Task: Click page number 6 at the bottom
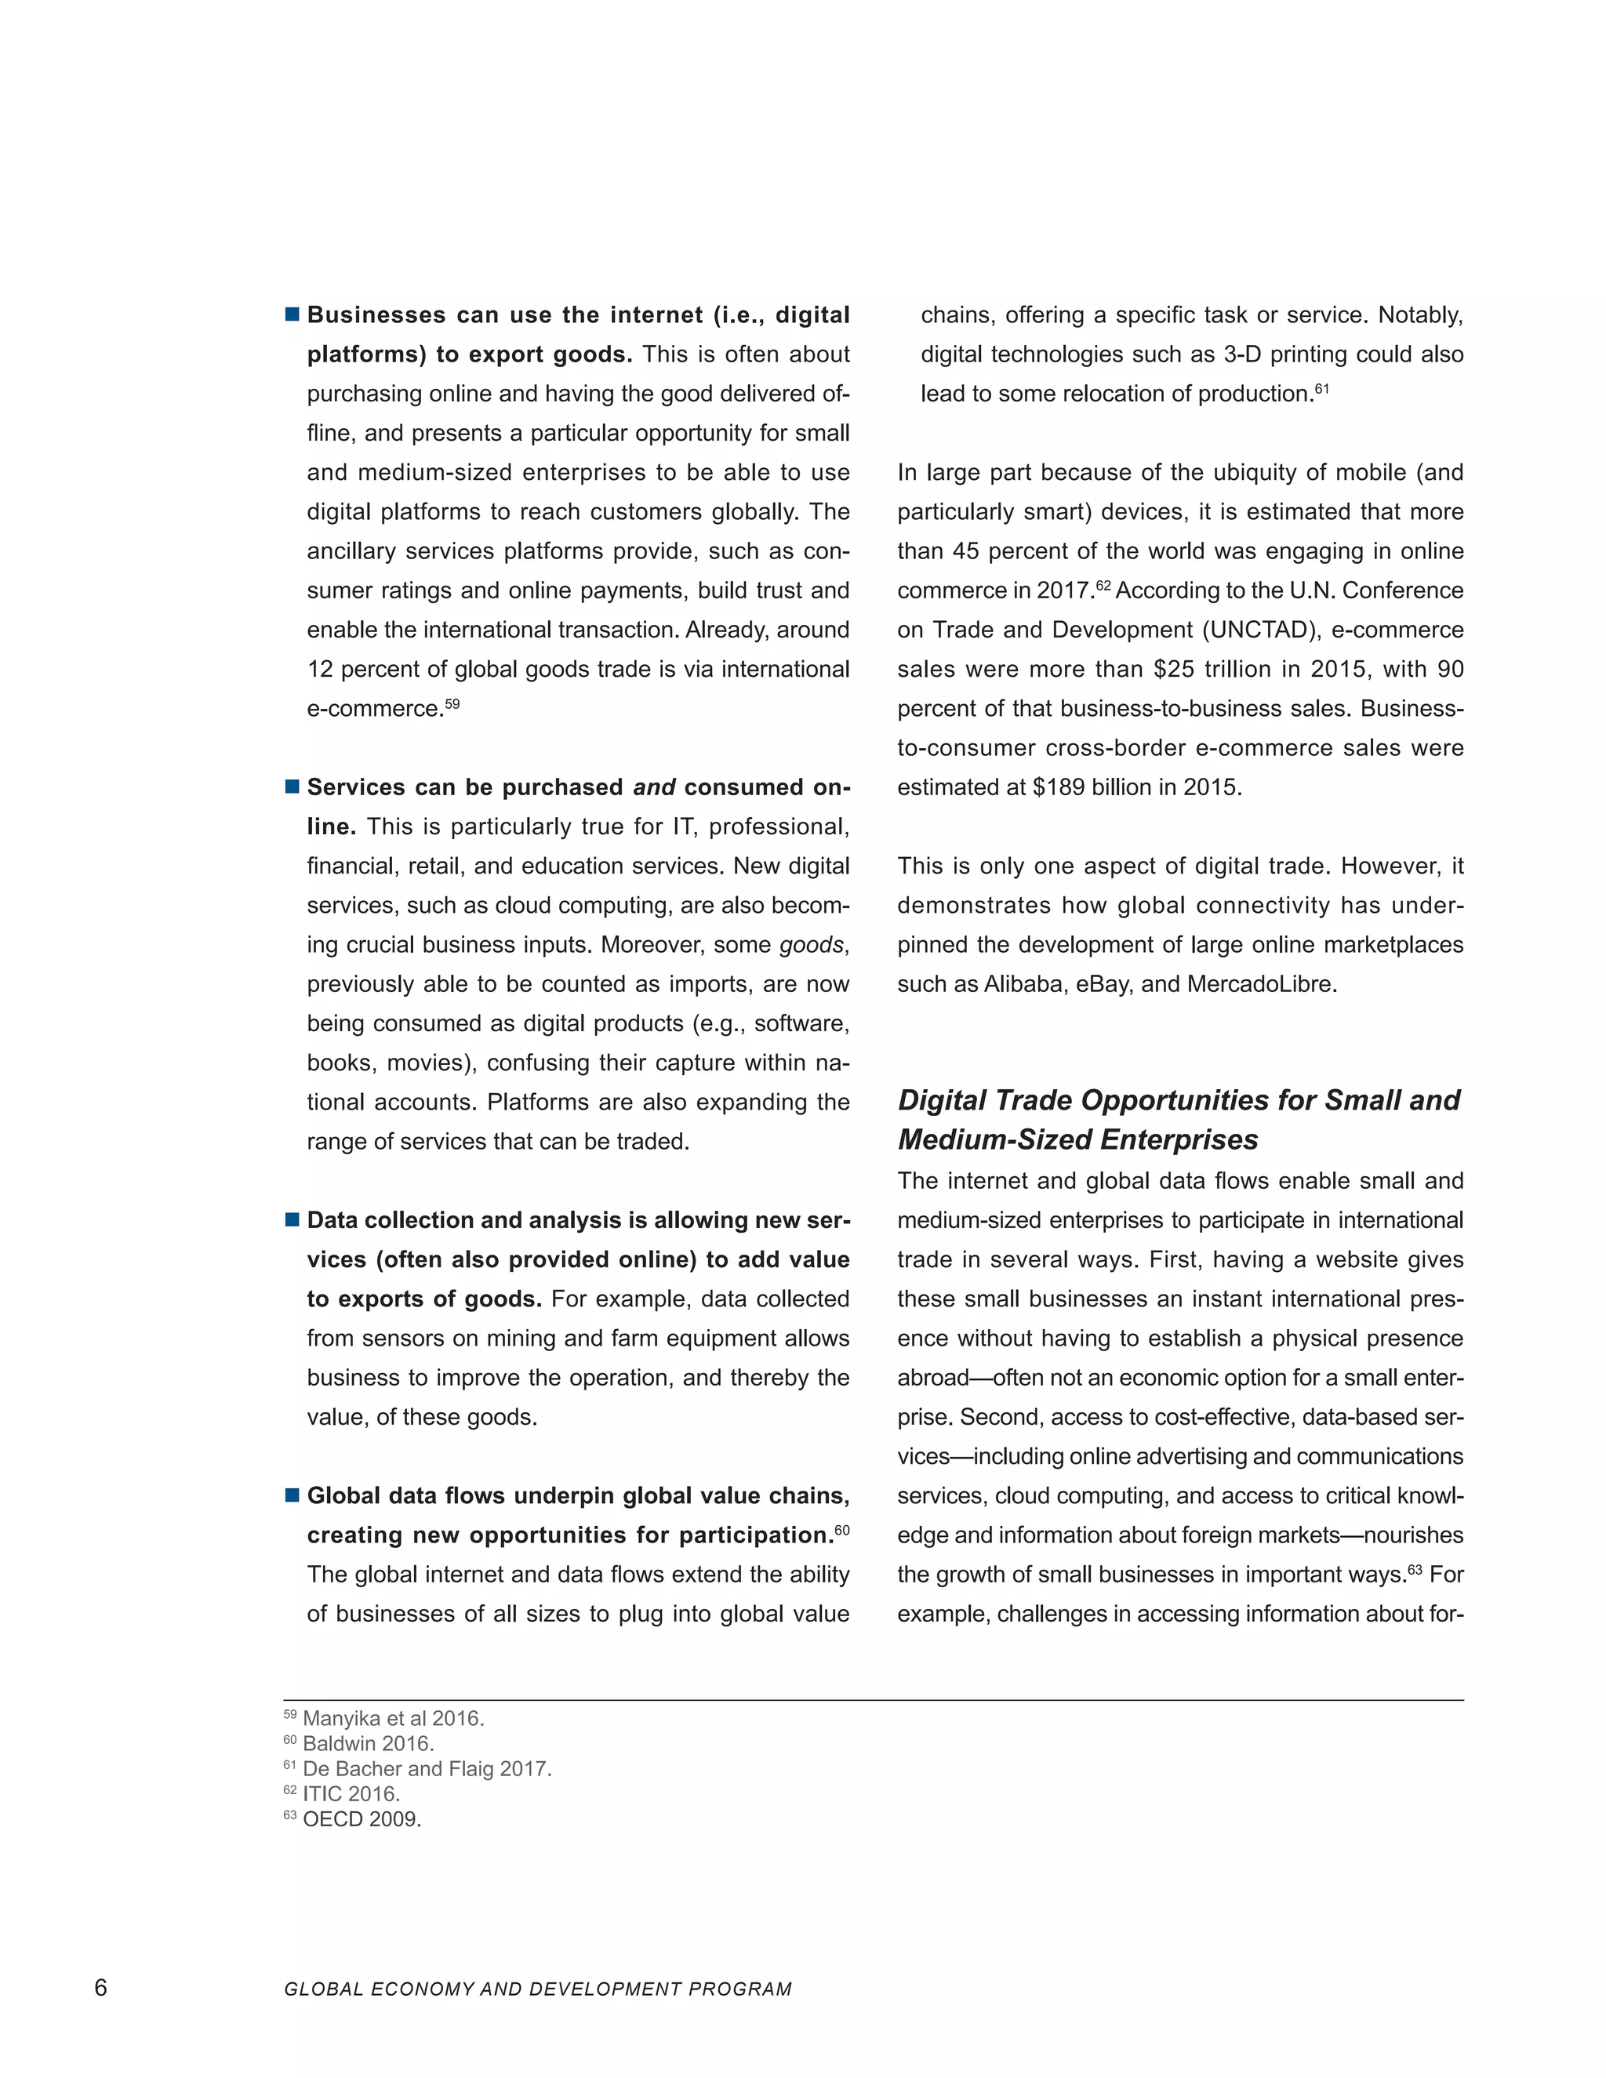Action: [101, 1988]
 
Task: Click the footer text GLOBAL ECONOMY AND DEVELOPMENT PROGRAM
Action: [537, 1989]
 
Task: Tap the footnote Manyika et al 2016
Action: [393, 1718]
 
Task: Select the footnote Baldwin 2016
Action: [367, 1744]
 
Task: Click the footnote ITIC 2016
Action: [350, 1793]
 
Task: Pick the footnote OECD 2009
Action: [362, 1819]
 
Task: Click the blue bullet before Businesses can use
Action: [292, 314]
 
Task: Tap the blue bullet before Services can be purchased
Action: [292, 787]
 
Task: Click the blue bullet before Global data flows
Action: [292, 1495]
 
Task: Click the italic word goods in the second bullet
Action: [811, 945]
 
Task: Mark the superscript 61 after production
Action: [1321, 388]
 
